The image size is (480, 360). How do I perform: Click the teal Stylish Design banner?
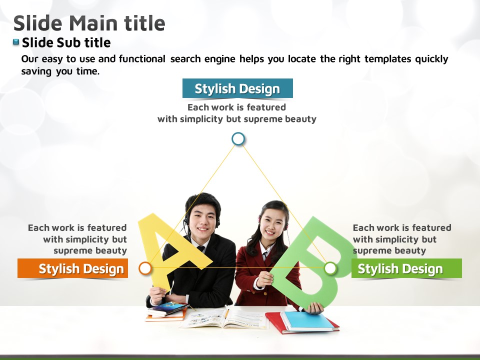237,88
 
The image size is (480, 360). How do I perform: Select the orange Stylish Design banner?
72,268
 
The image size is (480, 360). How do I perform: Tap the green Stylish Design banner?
406,268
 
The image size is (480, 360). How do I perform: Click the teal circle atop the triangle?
238,138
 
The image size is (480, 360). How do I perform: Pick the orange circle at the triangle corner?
145,268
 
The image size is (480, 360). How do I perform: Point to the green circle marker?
330,268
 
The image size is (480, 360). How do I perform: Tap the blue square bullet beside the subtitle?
16,42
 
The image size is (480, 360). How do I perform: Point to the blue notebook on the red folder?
307,321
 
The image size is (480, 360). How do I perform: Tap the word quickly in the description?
431,59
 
